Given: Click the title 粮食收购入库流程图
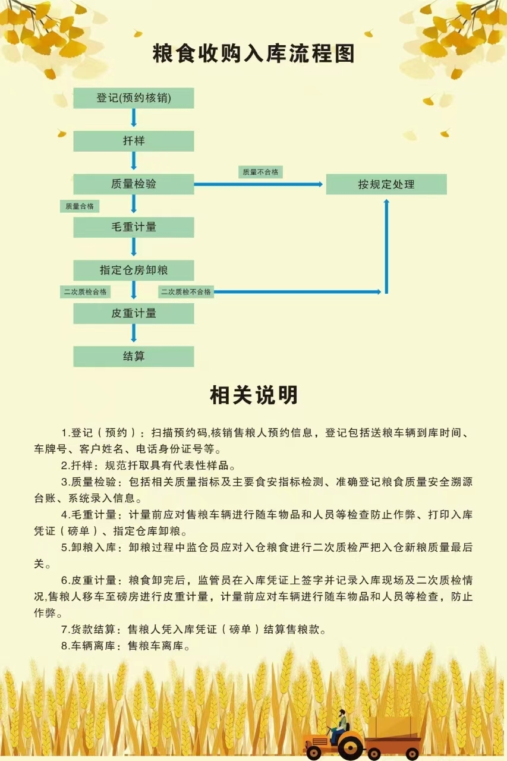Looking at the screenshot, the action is [254, 54].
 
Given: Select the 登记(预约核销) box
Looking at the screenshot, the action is [134, 98].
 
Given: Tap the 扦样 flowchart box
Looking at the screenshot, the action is [134, 141].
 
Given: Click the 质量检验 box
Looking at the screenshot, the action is [134, 184].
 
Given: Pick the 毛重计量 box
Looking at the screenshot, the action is [134, 227].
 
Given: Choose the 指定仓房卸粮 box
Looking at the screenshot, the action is [134, 270].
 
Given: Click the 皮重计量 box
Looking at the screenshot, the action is [134, 313].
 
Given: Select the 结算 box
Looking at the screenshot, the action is [134, 356].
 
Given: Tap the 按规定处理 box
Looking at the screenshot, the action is [386, 184].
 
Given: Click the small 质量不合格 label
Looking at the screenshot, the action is [260, 172].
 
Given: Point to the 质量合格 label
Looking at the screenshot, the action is [80, 206].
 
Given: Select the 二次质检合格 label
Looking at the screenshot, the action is [85, 292].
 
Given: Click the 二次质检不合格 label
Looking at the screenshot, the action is [186, 292].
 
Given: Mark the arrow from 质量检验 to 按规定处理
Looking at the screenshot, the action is [259, 184].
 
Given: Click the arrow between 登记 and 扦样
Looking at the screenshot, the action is [134, 118].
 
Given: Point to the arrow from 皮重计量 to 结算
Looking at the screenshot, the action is [134, 333].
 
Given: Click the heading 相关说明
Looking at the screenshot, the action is [254, 395].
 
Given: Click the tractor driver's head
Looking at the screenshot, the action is [342, 713].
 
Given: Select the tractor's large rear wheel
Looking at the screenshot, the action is [350, 746].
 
